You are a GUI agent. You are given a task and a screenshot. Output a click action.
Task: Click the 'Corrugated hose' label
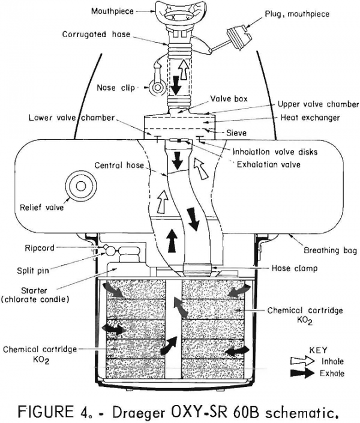(95, 35)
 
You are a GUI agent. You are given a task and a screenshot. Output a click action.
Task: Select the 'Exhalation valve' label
(267, 163)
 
